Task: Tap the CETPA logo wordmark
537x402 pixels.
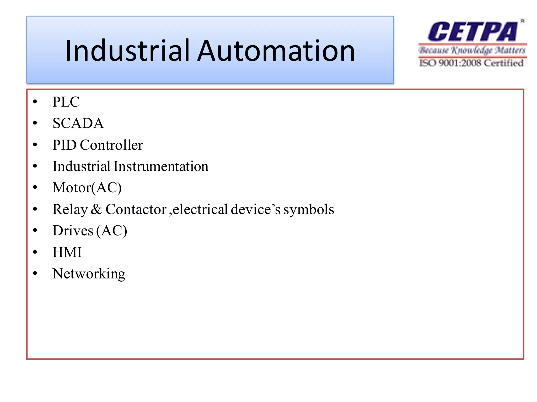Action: [472, 32]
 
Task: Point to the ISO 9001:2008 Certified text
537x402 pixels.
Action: [471, 63]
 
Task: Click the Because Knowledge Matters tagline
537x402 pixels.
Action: [472, 50]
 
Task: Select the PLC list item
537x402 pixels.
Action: [66, 102]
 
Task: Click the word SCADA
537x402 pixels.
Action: [78, 123]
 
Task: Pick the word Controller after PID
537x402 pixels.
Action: [111, 145]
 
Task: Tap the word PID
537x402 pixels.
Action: [64, 145]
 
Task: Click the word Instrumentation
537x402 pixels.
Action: [161, 166]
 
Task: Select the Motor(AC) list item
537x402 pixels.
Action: [87, 188]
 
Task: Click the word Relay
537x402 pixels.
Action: [70, 210]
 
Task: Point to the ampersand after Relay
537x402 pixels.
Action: [96, 209]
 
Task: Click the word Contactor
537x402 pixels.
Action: [136, 209]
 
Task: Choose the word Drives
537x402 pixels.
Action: [73, 231]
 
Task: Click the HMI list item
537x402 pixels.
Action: [67, 252]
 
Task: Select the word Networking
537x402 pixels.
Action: [89, 274]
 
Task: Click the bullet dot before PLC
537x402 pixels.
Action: [35, 102]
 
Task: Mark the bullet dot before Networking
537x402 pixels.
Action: [35, 273]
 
